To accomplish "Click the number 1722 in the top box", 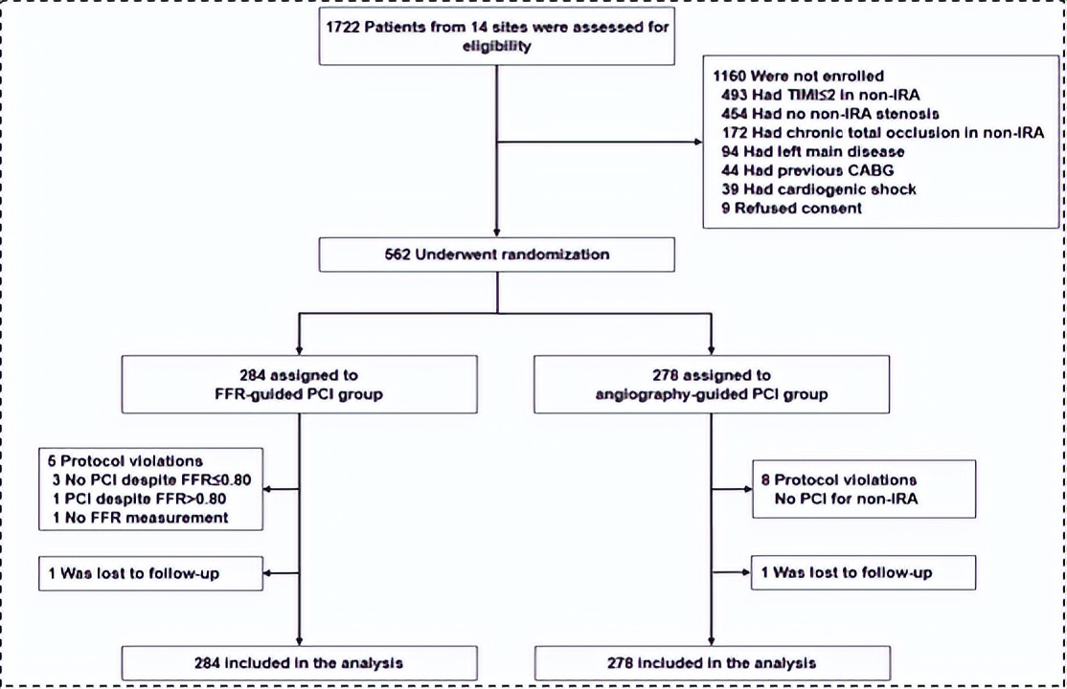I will pos(340,28).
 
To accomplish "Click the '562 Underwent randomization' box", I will pos(496,256).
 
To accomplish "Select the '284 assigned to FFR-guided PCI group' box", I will pos(300,385).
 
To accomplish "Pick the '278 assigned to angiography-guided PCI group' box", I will pos(711,385).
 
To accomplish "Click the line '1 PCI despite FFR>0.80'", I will pos(142,499).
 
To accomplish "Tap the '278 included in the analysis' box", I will pos(711,662).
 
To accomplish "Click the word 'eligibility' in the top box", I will pos(494,44).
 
